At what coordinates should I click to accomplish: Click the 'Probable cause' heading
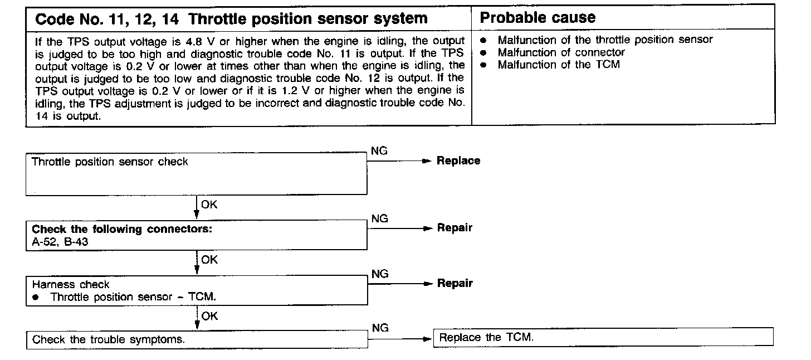(538, 18)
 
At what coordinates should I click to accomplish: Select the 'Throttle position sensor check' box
(196, 175)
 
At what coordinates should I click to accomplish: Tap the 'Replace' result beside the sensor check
(458, 161)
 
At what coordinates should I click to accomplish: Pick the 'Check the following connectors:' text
(122, 229)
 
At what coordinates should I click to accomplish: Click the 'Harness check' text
(71, 284)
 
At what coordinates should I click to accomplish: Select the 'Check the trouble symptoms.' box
(197, 340)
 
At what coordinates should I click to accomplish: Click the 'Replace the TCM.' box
(603, 337)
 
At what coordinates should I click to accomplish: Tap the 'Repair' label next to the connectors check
(455, 228)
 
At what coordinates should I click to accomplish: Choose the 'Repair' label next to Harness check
(455, 284)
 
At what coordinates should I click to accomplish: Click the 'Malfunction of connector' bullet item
(561, 52)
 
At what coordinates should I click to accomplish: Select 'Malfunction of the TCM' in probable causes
(558, 65)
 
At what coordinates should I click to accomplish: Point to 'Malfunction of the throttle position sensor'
(605, 40)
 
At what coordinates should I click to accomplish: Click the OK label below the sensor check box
(209, 205)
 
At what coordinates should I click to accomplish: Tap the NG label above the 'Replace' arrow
(379, 151)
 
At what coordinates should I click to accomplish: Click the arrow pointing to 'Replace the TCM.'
(401, 338)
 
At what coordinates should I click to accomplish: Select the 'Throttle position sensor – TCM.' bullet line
(133, 297)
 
